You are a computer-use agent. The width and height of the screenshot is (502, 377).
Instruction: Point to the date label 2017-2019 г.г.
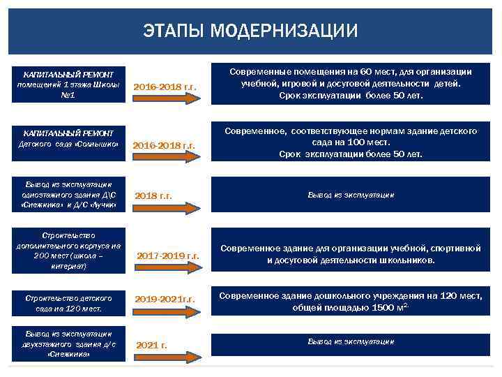click(x=168, y=256)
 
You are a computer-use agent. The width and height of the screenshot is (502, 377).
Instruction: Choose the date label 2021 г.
click(x=151, y=345)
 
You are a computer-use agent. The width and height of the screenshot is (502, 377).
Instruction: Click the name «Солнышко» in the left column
click(x=102, y=145)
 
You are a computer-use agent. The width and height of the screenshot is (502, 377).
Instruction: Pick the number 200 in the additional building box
click(x=42, y=256)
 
